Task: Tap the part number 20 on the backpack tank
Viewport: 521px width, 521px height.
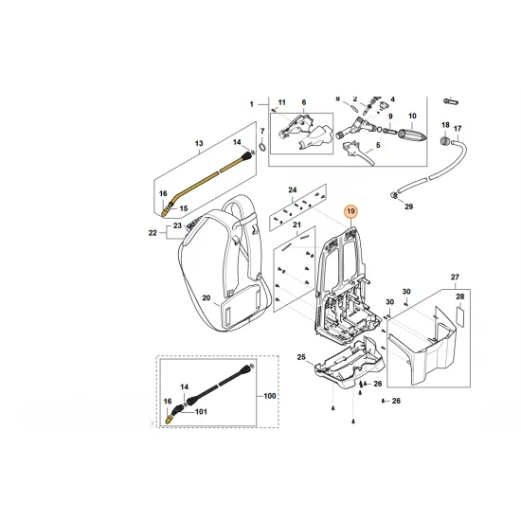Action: [x=207, y=296]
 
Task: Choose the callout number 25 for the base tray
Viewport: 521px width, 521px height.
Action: [x=301, y=357]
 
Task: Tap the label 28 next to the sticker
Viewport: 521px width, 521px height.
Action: [x=460, y=297]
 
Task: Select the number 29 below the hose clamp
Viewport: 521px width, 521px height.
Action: [x=408, y=206]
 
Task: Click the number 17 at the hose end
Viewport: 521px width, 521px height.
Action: [x=457, y=128]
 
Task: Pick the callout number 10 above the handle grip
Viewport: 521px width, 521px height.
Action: [x=411, y=116]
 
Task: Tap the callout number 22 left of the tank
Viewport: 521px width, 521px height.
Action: [x=153, y=233]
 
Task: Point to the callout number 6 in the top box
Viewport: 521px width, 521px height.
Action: [x=302, y=101]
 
